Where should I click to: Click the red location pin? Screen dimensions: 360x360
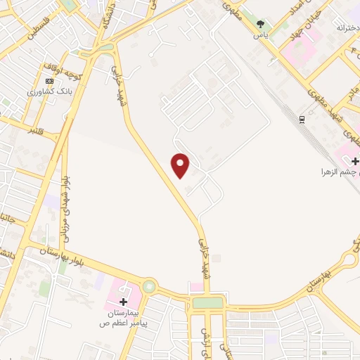pyautogui.click(x=181, y=165)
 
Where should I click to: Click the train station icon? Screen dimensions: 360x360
pyautogui.click(x=302, y=119)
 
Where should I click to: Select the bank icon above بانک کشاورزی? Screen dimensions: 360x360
pyautogui.click(x=49, y=80)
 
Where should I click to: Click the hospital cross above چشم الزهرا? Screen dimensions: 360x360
pyautogui.click(x=355, y=162)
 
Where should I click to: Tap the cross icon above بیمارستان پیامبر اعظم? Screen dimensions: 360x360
pyautogui.click(x=123, y=302)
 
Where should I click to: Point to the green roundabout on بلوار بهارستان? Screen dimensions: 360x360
pyautogui.click(x=149, y=286)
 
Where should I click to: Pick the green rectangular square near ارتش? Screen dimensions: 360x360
pyautogui.click(x=207, y=303)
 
